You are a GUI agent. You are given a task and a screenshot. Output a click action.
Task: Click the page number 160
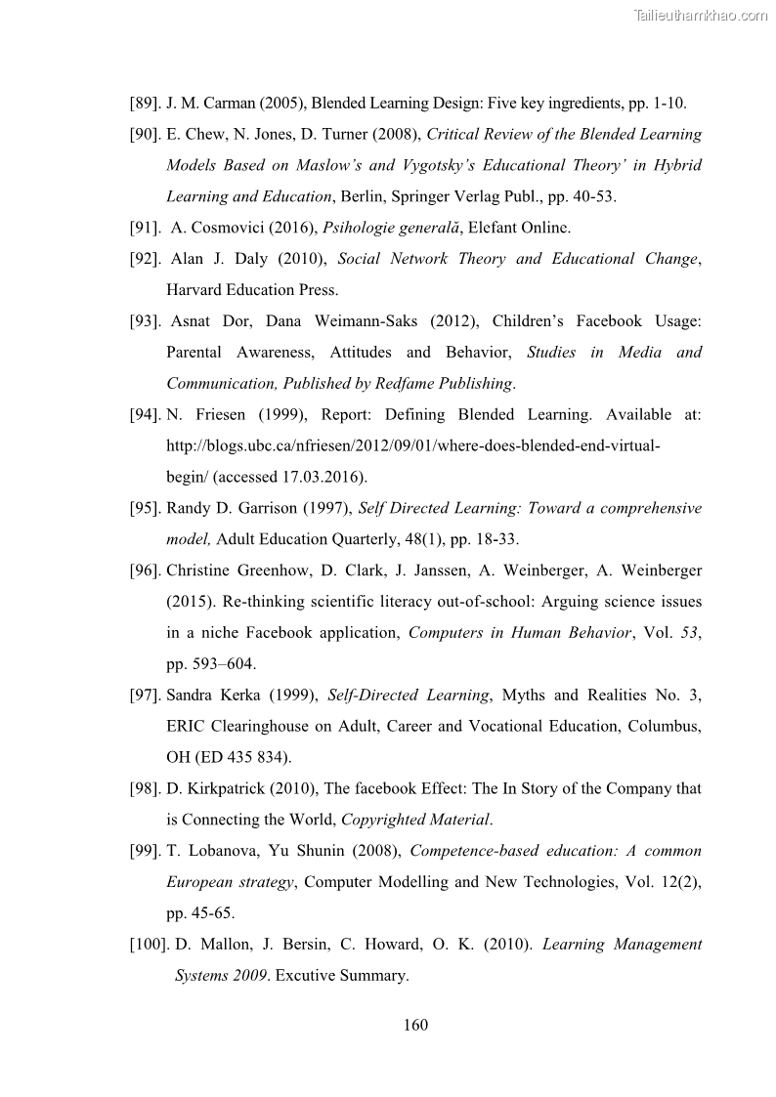click(x=415, y=1025)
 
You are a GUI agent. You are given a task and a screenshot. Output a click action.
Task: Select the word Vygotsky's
click(x=473, y=165)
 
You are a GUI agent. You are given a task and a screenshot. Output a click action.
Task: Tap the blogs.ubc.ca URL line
click(x=413, y=445)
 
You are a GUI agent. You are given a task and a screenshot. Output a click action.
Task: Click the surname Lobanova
click(x=218, y=851)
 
